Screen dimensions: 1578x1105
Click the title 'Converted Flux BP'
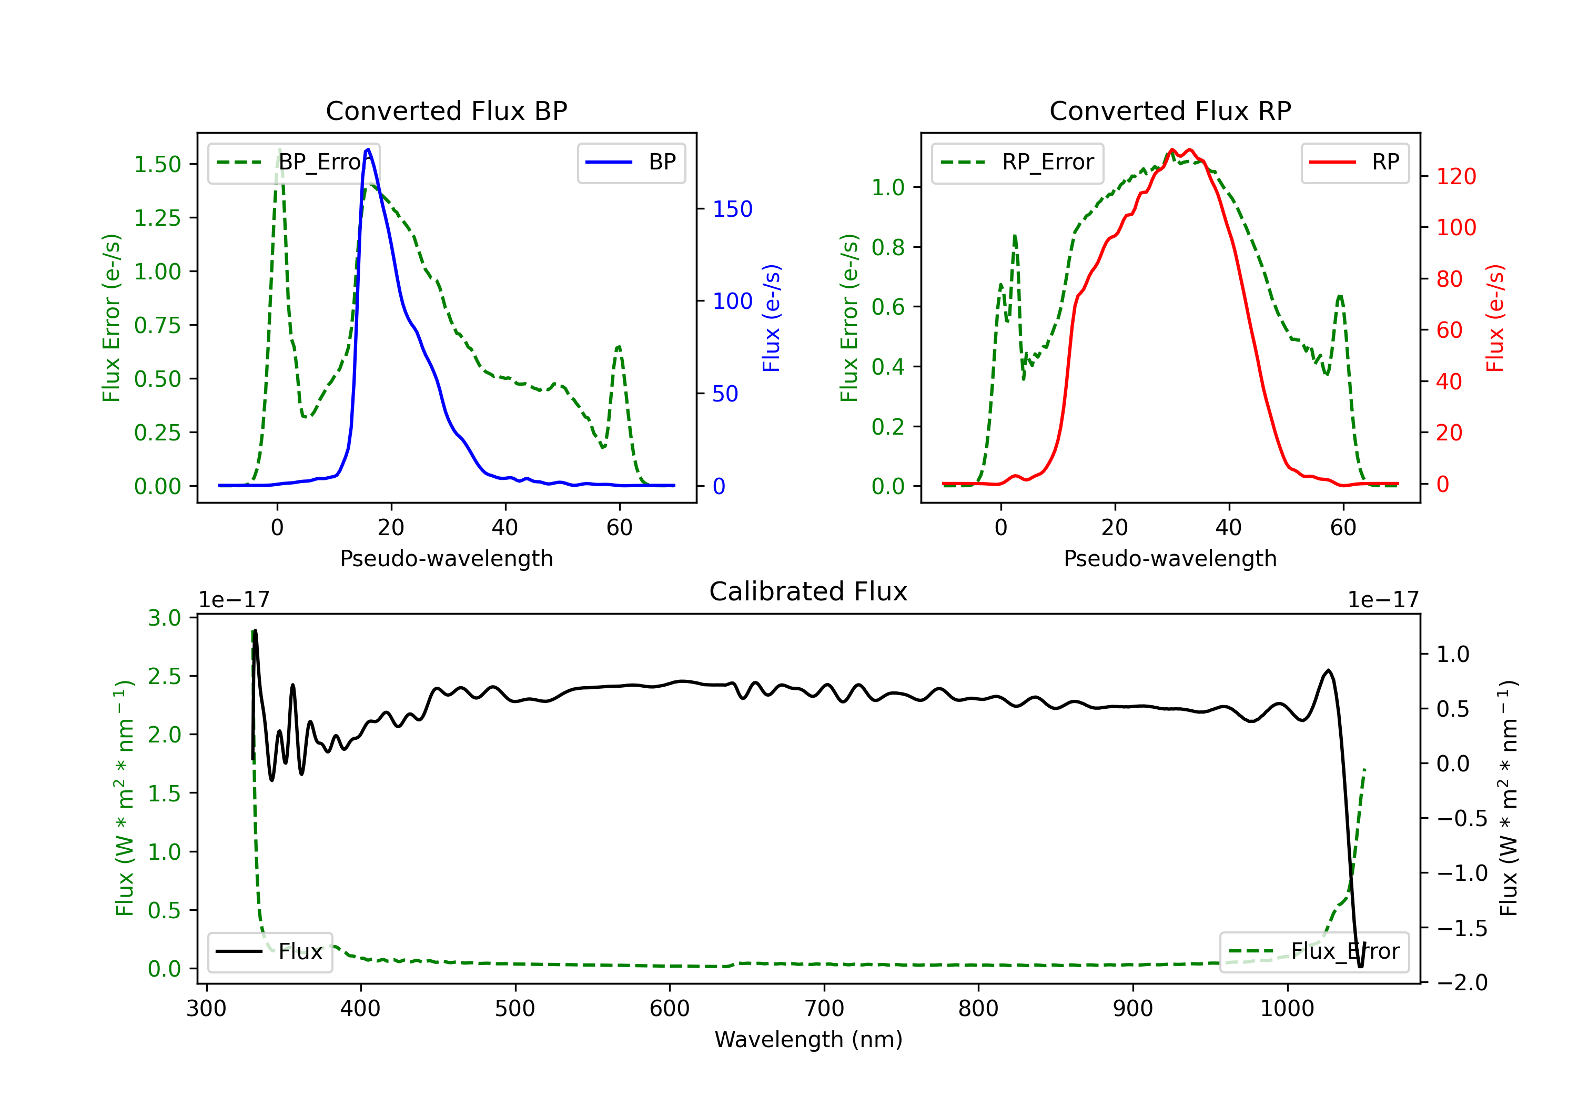447,110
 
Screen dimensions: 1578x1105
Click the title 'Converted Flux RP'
1170,110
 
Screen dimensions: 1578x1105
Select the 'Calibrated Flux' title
808,591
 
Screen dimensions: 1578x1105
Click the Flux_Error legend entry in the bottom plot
1314,952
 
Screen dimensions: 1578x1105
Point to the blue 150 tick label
733,209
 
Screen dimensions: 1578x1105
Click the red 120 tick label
1456,177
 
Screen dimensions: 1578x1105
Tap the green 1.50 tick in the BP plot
157,164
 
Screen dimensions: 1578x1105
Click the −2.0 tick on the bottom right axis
1462,982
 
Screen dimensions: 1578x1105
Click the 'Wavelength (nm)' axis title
808,1040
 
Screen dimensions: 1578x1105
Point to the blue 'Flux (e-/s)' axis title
771,318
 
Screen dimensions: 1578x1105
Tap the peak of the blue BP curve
368,149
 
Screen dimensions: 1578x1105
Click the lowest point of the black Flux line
1360,966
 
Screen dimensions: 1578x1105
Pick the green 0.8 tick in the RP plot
888,247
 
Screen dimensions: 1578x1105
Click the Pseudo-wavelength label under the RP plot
1170,558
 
